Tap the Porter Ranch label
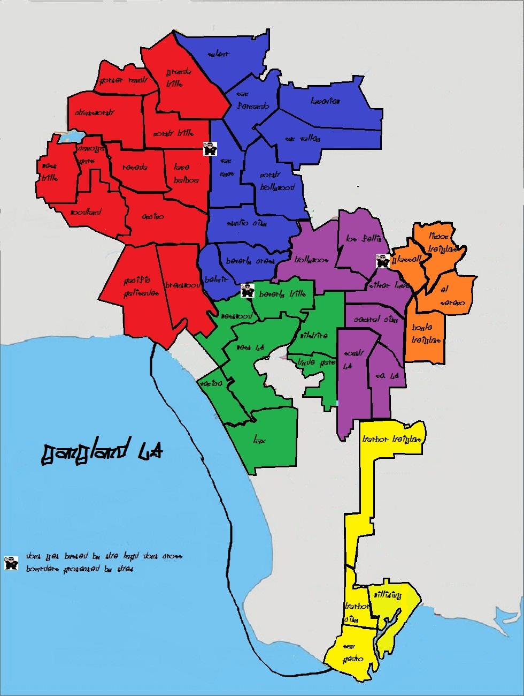click(x=119, y=81)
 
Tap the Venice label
click(x=210, y=384)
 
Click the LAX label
click(x=260, y=441)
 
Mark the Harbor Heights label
click(x=392, y=440)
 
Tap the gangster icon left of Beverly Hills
click(x=247, y=291)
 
